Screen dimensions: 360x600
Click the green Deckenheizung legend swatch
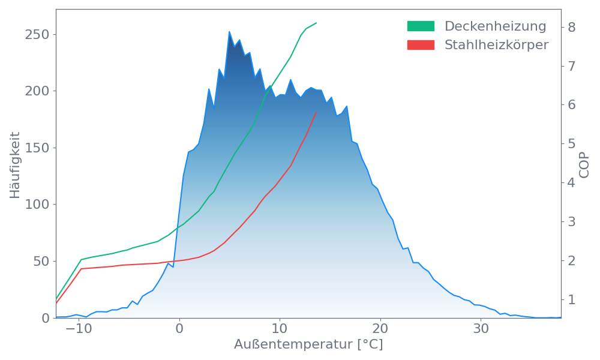[x=421, y=26]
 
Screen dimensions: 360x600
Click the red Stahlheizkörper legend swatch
[x=421, y=45]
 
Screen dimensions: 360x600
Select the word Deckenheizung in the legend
[x=495, y=26]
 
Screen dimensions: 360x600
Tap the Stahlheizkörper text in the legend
[x=496, y=45]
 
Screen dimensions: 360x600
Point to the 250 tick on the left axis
[x=37, y=34]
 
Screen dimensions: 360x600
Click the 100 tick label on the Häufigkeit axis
[x=37, y=205]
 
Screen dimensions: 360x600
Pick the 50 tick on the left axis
[x=40, y=262]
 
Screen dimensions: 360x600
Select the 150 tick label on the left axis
[x=37, y=148]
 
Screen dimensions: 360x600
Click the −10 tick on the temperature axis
[x=78, y=329]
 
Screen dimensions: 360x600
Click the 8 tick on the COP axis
[x=572, y=27]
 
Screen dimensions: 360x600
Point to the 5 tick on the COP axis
[x=572, y=143]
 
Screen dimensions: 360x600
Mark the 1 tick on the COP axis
[x=572, y=299]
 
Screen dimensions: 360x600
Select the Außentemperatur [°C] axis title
[x=308, y=345]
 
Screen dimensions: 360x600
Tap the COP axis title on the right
[x=584, y=164]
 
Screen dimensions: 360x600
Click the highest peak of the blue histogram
[x=229, y=32]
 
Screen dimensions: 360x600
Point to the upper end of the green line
[x=316, y=23]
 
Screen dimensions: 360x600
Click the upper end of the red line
[x=316, y=112]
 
